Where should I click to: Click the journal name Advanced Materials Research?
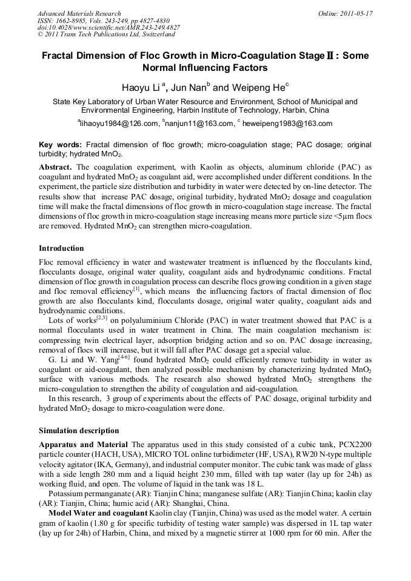[x=79, y=13]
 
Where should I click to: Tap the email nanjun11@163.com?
[x=199, y=124]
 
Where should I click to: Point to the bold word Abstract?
[x=56, y=167]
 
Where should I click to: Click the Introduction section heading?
[x=61, y=248]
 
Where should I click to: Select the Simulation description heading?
[x=79, y=431]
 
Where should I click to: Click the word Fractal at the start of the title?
[x=59, y=56]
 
